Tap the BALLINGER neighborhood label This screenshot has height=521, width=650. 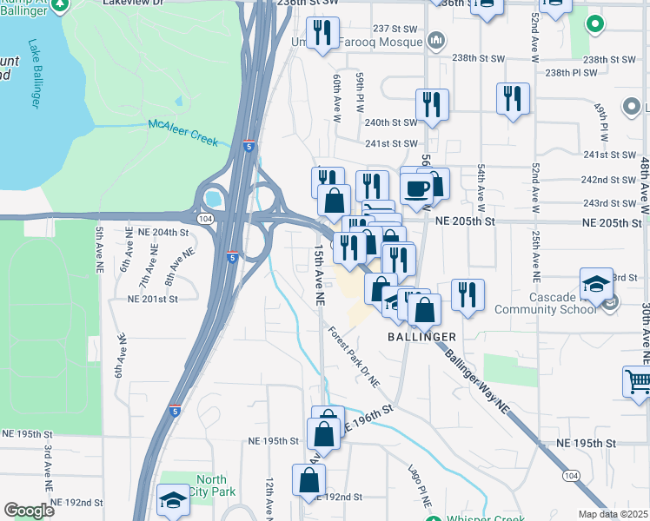pos(421,336)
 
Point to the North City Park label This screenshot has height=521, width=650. pos(211,485)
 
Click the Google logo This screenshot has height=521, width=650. pos(29,511)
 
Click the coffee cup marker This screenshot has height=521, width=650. pos(416,188)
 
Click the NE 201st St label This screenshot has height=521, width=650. pos(152,298)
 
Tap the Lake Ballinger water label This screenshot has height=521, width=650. pos(36,74)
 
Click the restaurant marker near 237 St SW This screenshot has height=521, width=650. pos(322,32)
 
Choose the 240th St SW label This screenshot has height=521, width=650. pos(390,122)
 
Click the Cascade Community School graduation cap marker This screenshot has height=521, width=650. pos(597,284)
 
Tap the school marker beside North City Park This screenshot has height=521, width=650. pos(173,500)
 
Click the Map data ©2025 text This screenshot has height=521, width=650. pos(613,514)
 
